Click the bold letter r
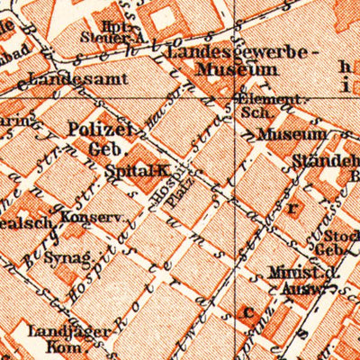coord(292,206)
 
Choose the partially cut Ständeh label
coord(325,163)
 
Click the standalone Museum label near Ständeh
coord(291,134)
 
